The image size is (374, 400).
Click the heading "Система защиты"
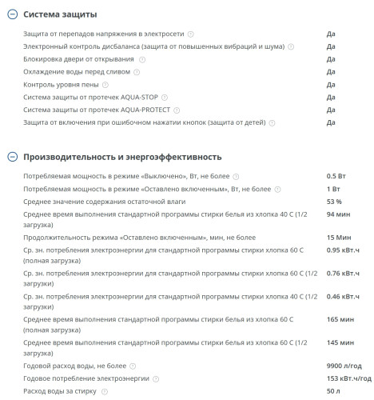pyautogui.click(x=60, y=14)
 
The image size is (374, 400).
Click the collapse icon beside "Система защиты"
pyautogui.click(x=10, y=14)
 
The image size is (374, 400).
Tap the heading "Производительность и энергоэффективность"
pyautogui.click(x=122, y=157)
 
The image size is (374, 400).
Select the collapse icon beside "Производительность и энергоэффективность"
pyautogui.click(x=10, y=157)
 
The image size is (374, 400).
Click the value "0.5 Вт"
pyautogui.click(x=336, y=176)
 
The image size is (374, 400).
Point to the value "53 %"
pyautogui.click(x=334, y=201)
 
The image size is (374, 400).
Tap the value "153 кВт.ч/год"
pyautogui.click(x=349, y=378)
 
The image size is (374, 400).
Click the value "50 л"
pyautogui.click(x=333, y=391)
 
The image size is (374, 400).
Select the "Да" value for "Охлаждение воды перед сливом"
pyautogui.click(x=331, y=72)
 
